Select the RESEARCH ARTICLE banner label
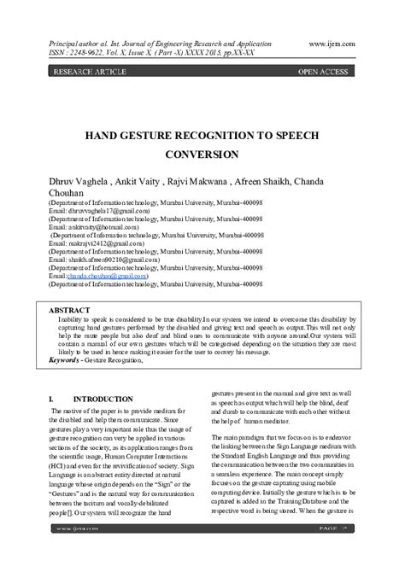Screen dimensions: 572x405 89,73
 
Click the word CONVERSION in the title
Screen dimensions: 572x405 202,155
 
